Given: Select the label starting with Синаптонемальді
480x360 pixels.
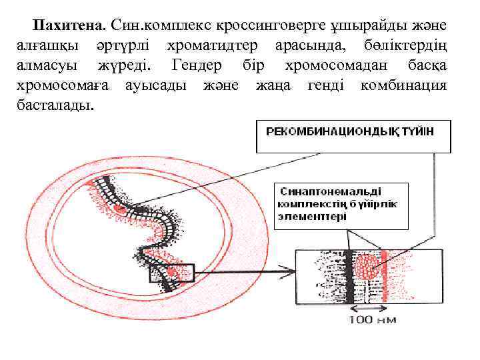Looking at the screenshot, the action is click(x=337, y=202).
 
